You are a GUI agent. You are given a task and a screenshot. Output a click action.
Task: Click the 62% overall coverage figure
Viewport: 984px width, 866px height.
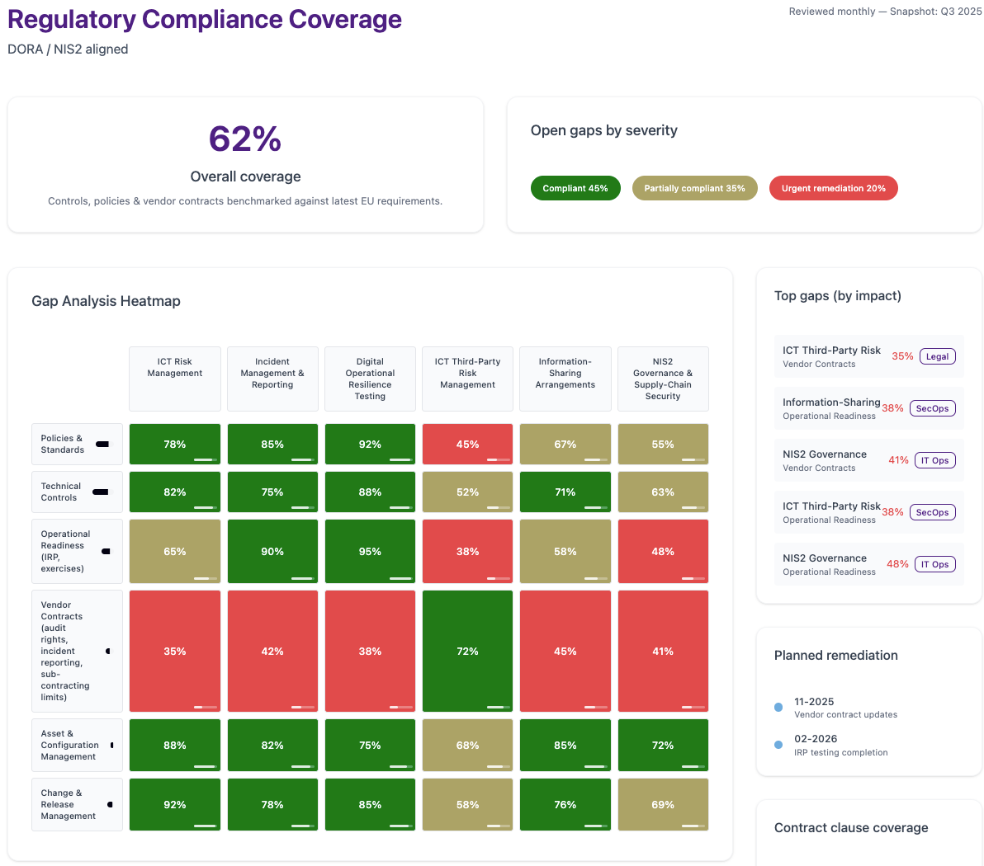(244, 139)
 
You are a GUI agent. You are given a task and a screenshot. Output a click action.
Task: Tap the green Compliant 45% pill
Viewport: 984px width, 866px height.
(575, 188)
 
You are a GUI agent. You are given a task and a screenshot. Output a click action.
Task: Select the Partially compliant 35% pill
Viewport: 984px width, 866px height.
(695, 188)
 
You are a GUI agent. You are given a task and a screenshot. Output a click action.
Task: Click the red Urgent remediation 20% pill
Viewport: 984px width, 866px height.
(834, 188)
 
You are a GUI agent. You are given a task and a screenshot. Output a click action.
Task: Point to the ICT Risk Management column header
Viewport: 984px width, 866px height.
(175, 379)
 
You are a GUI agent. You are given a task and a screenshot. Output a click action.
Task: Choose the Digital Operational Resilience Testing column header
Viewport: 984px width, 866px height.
(371, 379)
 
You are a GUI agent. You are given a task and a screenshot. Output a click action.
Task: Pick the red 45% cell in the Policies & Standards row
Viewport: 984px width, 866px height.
(467, 444)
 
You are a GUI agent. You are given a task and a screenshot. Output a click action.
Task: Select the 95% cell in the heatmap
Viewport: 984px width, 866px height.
(371, 551)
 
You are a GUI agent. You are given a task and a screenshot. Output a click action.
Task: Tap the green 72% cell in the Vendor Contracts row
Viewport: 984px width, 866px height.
(467, 651)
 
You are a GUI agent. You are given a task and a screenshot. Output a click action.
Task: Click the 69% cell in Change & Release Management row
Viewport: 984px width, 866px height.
(664, 804)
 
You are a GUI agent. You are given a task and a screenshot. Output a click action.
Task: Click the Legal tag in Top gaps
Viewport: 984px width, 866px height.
(938, 356)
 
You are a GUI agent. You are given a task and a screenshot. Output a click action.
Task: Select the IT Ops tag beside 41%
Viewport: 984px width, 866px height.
(935, 460)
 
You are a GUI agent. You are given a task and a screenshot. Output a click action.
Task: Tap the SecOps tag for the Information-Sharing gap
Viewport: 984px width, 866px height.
(933, 408)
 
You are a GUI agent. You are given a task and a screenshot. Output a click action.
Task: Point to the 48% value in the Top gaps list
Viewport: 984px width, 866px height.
(897, 564)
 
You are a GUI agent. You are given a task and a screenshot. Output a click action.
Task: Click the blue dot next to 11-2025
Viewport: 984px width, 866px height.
(778, 708)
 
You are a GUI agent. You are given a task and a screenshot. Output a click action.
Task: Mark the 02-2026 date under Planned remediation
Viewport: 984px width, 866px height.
(816, 739)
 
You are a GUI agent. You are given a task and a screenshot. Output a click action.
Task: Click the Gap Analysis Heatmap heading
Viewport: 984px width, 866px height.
(106, 301)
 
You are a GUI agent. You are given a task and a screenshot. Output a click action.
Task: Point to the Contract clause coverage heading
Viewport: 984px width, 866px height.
(851, 828)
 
